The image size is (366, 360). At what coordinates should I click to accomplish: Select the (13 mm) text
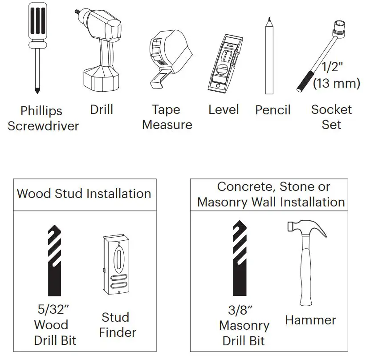336,83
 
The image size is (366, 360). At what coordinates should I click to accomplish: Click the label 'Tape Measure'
167,117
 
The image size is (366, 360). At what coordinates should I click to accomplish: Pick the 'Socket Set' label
331,117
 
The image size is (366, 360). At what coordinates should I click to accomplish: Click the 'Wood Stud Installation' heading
84,194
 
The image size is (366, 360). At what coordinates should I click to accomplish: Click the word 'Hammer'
310,320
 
